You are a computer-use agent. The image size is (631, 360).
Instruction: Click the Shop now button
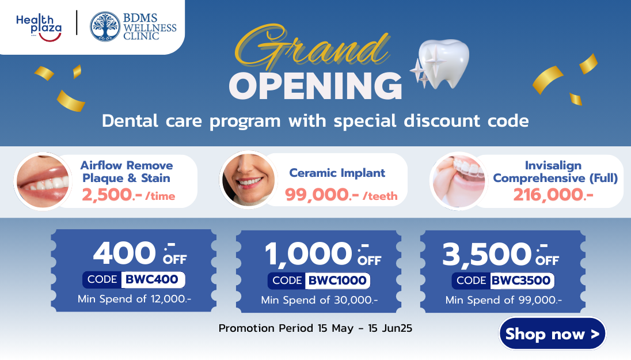coord(552,334)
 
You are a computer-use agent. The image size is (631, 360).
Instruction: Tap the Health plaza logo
coord(39,28)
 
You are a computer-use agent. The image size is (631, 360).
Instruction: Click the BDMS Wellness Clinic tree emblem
coord(105,26)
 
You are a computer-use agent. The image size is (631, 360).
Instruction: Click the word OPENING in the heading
coord(315,86)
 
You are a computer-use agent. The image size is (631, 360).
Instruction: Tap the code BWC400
coord(152,279)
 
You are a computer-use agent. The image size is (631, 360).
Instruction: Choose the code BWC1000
coord(337,281)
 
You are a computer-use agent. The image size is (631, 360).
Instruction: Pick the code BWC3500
coord(521,281)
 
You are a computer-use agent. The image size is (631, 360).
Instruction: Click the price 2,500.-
coord(112,195)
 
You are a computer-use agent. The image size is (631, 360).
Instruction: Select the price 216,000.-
coord(553,195)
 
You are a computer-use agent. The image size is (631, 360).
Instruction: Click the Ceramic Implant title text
coord(337,173)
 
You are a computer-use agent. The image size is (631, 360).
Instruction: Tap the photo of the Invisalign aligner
coord(458,181)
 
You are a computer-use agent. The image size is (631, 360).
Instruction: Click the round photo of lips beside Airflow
coord(43,181)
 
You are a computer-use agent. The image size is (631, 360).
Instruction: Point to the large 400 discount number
coord(124,253)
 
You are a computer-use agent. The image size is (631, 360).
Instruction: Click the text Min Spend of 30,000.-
coord(320,300)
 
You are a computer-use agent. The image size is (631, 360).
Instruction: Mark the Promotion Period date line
coord(315,328)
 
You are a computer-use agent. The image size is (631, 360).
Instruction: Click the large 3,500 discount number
coord(487,255)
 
